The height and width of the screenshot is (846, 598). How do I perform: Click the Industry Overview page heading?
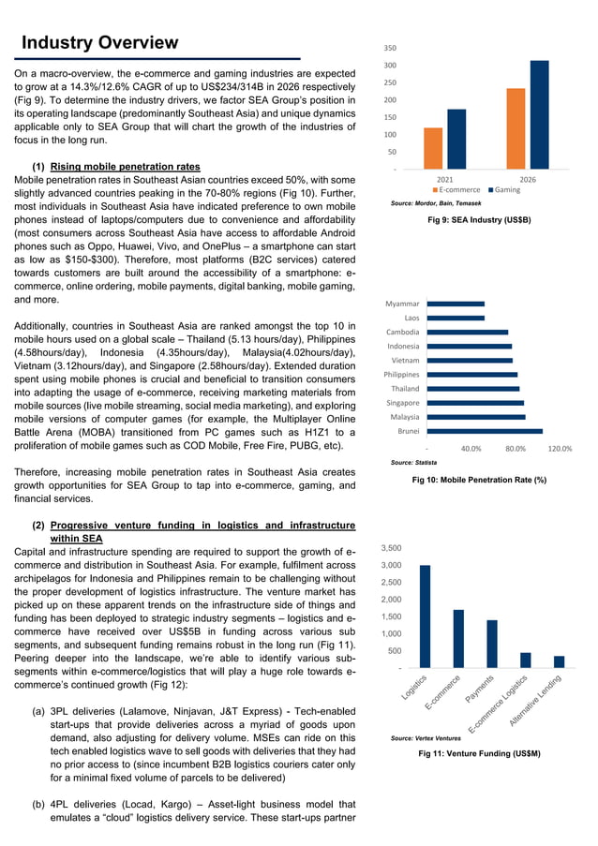[99, 42]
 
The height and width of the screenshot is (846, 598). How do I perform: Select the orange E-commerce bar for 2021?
[433, 148]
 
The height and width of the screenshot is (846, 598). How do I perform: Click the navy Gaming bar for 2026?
[539, 114]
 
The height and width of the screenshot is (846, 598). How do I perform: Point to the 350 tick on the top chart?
[390, 47]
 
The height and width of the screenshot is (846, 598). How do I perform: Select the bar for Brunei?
[484, 431]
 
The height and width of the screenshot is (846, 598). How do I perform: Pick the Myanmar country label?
[402, 304]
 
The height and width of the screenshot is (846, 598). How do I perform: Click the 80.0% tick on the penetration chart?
[515, 449]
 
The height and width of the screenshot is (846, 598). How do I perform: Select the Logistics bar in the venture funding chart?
[425, 616]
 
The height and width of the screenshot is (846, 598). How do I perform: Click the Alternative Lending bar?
[559, 660]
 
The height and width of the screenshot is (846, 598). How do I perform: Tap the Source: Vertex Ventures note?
[425, 739]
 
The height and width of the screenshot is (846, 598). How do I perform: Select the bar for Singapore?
[474, 403]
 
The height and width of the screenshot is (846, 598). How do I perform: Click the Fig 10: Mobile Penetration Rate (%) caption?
[479, 480]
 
